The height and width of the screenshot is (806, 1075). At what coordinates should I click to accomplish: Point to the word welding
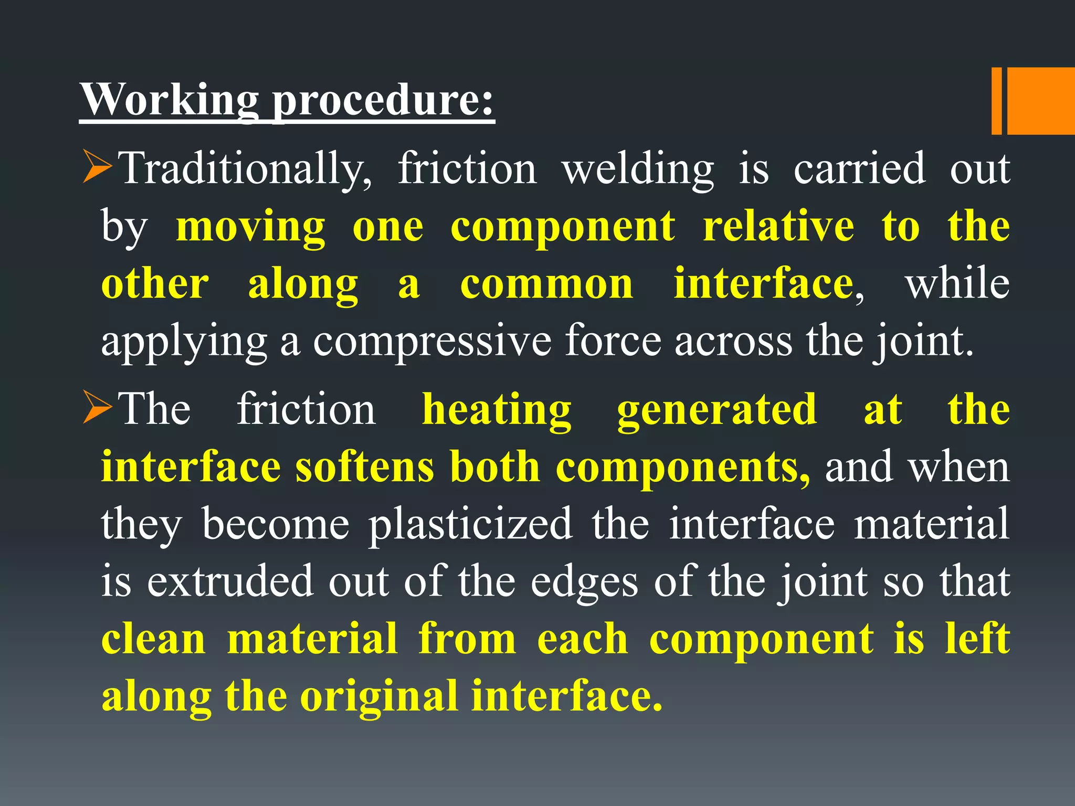638,169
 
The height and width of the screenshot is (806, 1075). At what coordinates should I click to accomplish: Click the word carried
859,169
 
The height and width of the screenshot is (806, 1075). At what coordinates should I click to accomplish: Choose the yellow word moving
250,227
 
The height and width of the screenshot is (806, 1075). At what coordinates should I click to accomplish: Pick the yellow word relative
778,227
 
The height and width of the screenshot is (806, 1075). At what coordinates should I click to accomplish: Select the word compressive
432,342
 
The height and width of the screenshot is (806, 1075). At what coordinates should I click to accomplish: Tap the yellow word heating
497,410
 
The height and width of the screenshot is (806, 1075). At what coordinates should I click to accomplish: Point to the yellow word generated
716,410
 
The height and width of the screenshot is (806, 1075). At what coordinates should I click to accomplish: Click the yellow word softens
365,467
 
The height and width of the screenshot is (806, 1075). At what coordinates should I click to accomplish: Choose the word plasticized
470,524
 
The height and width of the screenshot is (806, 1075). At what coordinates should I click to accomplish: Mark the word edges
584,581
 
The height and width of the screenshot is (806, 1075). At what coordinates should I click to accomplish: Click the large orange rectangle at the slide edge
1040,101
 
